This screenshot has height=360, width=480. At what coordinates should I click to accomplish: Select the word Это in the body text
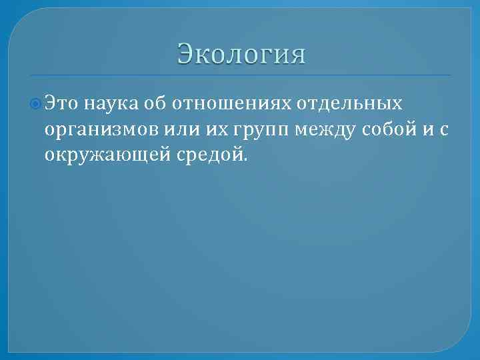tap(63, 103)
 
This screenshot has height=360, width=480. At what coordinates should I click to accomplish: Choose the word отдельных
tap(354, 103)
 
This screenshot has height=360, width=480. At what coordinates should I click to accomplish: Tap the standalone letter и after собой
tap(427, 129)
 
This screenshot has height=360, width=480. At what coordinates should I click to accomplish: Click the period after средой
tap(244, 160)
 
